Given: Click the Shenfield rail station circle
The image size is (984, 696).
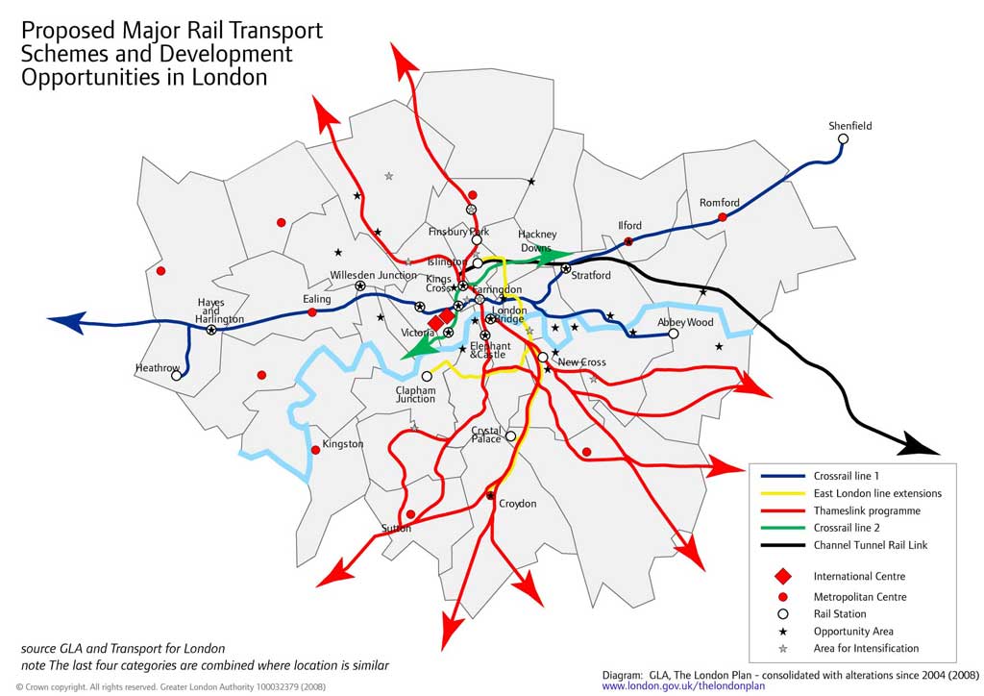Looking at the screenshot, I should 843,138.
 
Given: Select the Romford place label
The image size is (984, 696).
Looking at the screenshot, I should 719,203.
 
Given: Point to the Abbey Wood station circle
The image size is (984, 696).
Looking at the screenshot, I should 674,334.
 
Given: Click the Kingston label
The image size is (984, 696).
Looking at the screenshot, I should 343,444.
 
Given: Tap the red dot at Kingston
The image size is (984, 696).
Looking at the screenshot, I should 315,450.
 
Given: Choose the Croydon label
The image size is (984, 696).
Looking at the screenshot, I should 517,504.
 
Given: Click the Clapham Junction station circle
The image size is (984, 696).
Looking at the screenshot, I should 427,376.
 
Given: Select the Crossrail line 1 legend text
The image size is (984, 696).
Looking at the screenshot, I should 846,476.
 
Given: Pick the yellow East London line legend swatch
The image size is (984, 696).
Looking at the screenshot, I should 780,493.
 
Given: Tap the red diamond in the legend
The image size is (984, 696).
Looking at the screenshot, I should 782,577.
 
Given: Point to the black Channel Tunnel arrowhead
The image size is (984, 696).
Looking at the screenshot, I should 923,443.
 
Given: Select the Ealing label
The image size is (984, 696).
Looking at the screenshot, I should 317,299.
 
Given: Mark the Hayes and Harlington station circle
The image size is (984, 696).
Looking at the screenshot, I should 211,330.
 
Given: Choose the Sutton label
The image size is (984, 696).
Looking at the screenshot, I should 396,528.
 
